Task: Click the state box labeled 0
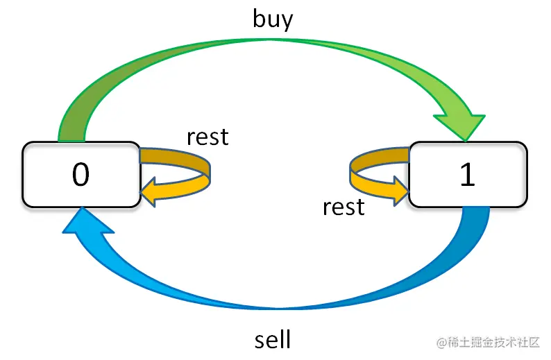point(80,174)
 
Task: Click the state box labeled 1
point(468,174)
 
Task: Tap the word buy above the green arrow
point(273,19)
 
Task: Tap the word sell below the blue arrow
point(273,340)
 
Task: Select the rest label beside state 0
point(207,137)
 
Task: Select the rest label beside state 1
point(344,206)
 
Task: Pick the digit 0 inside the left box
point(80,175)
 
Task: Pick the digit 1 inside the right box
point(468,175)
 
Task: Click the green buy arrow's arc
point(271,49)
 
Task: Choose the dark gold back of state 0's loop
point(173,157)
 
